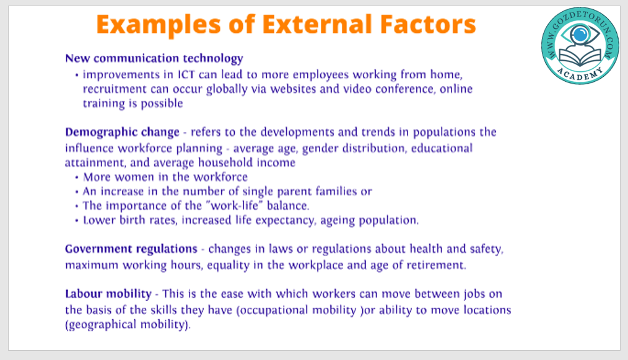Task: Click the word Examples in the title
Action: pos(159,24)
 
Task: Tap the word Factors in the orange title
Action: pos(428,24)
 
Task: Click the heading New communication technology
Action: pos(154,58)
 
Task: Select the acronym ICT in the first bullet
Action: pos(186,74)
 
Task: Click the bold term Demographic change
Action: pos(122,133)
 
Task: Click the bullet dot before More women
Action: pos(77,178)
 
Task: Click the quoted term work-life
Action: pos(234,206)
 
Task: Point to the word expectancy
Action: pos(285,221)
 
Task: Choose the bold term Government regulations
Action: pos(131,249)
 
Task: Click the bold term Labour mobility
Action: pos(108,294)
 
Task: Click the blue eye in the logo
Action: pos(580,35)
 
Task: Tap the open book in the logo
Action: pos(580,56)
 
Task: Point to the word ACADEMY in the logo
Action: pos(580,74)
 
